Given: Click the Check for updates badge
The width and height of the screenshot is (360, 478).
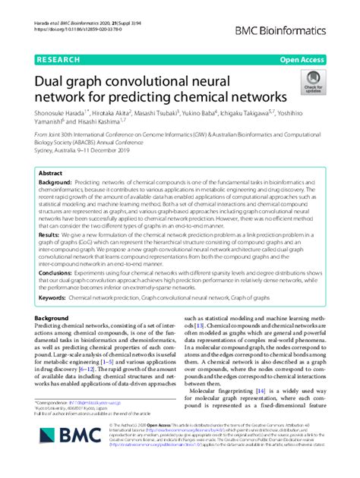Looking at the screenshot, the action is [x=311, y=81].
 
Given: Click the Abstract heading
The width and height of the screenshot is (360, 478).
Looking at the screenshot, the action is [x=51, y=174].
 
